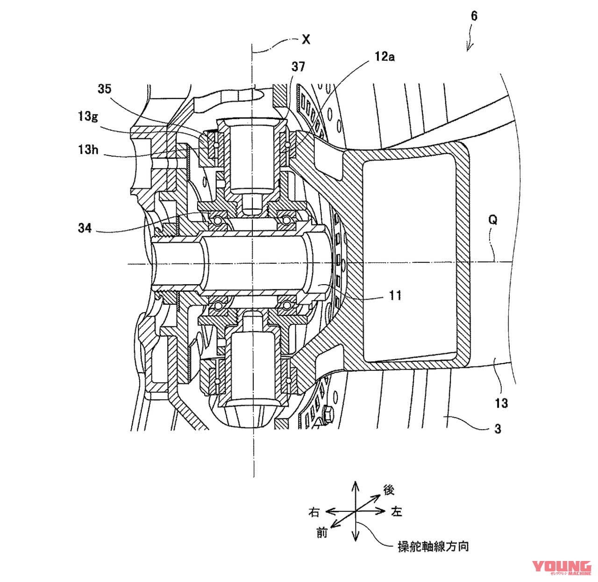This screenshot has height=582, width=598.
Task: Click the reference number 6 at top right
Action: (474, 16)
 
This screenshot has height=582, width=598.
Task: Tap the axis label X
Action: (306, 40)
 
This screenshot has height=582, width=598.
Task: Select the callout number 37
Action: (298, 67)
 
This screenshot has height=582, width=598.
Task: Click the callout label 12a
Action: (384, 57)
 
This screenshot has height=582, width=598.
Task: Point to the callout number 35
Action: (104, 89)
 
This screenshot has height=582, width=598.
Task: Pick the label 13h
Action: (88, 150)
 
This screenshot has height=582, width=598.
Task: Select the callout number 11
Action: (395, 295)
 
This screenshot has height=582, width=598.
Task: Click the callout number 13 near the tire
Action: (501, 403)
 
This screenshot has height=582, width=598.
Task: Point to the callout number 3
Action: (498, 429)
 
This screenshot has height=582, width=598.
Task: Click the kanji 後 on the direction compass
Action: (389, 490)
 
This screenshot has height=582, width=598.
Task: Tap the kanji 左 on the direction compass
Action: (396, 512)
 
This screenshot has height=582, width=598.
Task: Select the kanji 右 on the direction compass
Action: (313, 512)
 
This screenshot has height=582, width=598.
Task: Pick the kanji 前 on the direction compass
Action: (322, 532)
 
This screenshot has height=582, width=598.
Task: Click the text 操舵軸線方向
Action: (433, 546)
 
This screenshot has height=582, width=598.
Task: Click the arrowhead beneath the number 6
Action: (469, 47)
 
